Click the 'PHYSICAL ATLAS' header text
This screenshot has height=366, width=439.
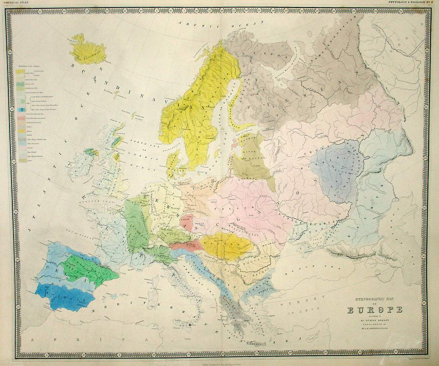[x=16, y=2]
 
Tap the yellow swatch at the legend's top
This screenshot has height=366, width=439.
[x=20, y=72]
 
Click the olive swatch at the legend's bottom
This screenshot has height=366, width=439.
[x=20, y=160]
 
